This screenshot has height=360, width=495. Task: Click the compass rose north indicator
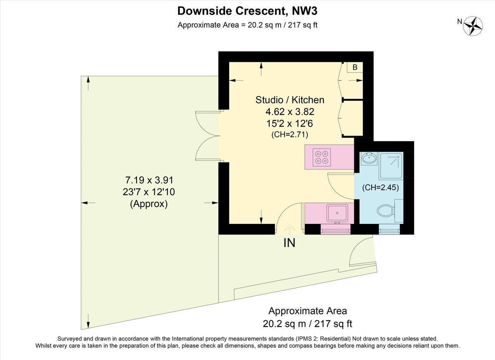[x=473, y=26]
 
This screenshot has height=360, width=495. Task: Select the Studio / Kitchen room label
[x=290, y=99]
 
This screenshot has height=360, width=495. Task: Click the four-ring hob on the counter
[x=322, y=157]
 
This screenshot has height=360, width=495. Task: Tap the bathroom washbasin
[x=369, y=158]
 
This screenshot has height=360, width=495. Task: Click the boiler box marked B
[x=355, y=68]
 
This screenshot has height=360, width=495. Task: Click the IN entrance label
[x=289, y=243]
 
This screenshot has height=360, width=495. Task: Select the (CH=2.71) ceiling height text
[x=290, y=134]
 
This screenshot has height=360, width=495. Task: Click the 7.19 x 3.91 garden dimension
[x=149, y=180]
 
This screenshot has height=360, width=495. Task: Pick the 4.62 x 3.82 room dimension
[x=290, y=111]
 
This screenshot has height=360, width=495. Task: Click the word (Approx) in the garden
[x=149, y=204]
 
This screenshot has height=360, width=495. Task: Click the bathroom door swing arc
[x=339, y=184]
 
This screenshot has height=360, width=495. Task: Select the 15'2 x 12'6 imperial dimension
[x=290, y=123]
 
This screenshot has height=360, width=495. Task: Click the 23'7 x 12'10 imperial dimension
[x=149, y=192]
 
